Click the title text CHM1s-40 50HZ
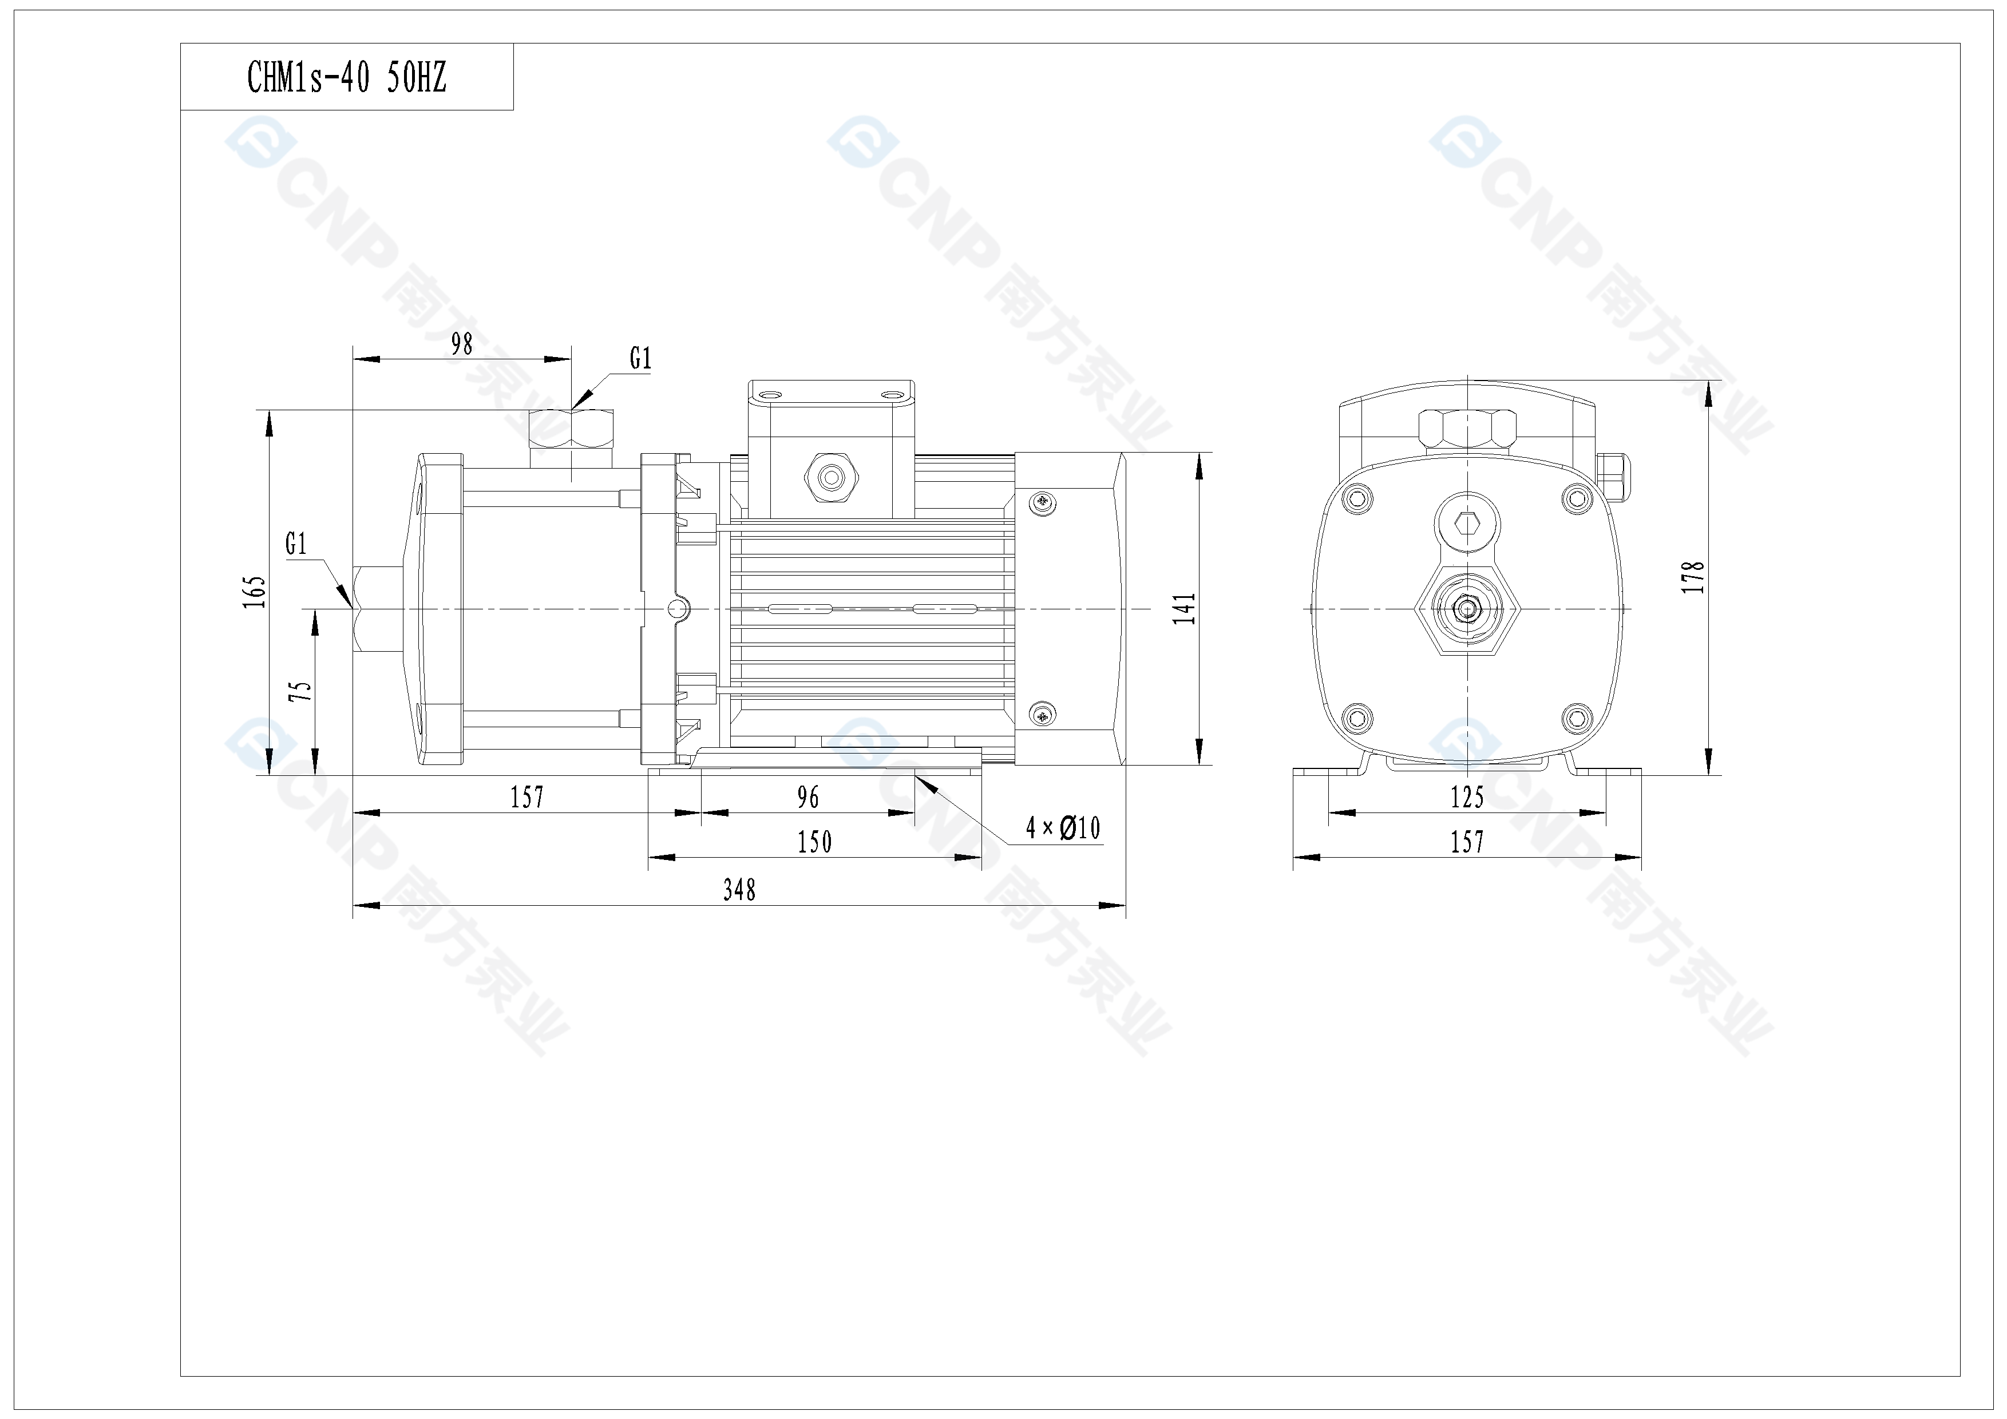tap(347, 78)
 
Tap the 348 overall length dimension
tap(739, 890)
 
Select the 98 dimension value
tap(461, 344)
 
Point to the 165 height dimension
tap(254, 592)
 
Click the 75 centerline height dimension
tap(300, 691)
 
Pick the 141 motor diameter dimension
tap(1185, 608)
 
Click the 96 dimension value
tap(807, 797)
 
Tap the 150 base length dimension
tap(814, 842)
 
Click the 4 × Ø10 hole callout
tap(1063, 827)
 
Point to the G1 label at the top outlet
tap(641, 358)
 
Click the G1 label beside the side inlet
tap(296, 544)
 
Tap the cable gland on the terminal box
tap(830, 477)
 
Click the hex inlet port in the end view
tap(1467, 609)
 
